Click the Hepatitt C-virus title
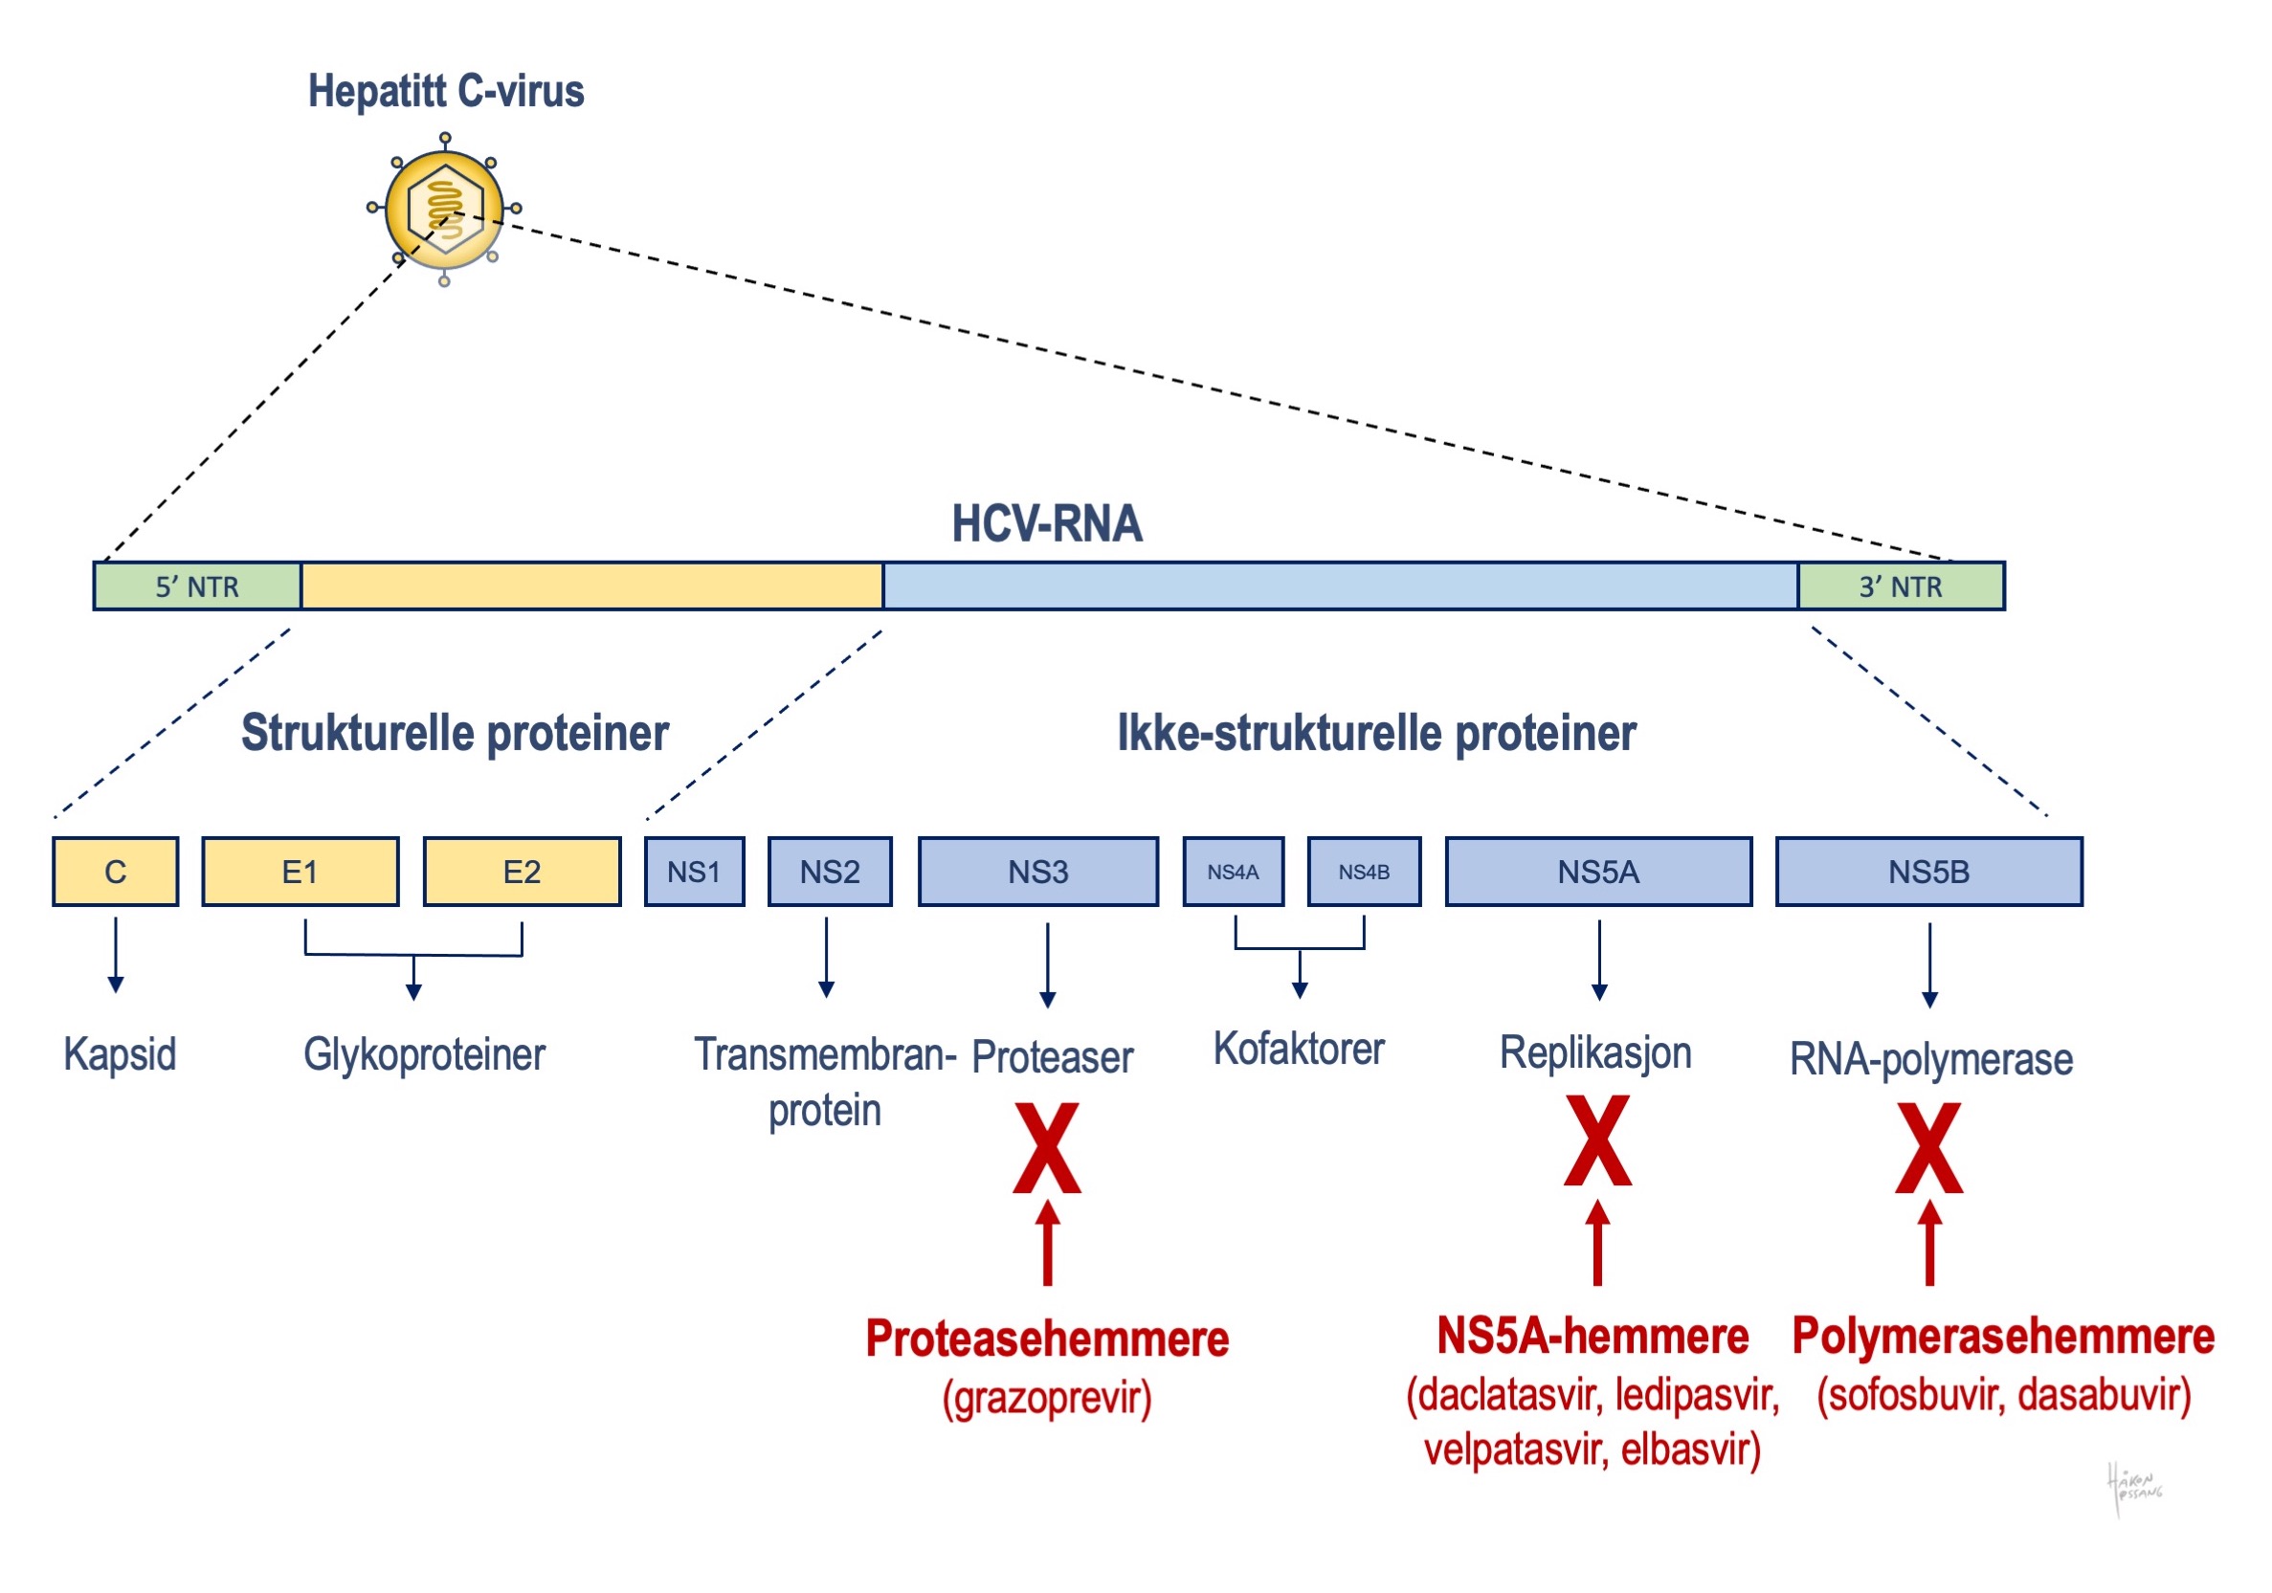point(445,91)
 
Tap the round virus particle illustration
point(444,209)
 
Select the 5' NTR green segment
point(198,586)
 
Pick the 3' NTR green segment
point(1900,586)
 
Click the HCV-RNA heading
point(1046,523)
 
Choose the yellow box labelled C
point(116,872)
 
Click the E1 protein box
point(300,872)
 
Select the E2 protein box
point(522,872)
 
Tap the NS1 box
point(694,872)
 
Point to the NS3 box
point(1037,872)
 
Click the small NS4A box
point(1233,872)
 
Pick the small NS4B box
point(1364,872)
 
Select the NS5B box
point(1927,872)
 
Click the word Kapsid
point(120,1053)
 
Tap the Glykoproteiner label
point(424,1054)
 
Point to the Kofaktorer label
point(1299,1049)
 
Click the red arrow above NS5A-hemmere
point(1597,1243)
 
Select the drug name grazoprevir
point(1047,1399)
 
